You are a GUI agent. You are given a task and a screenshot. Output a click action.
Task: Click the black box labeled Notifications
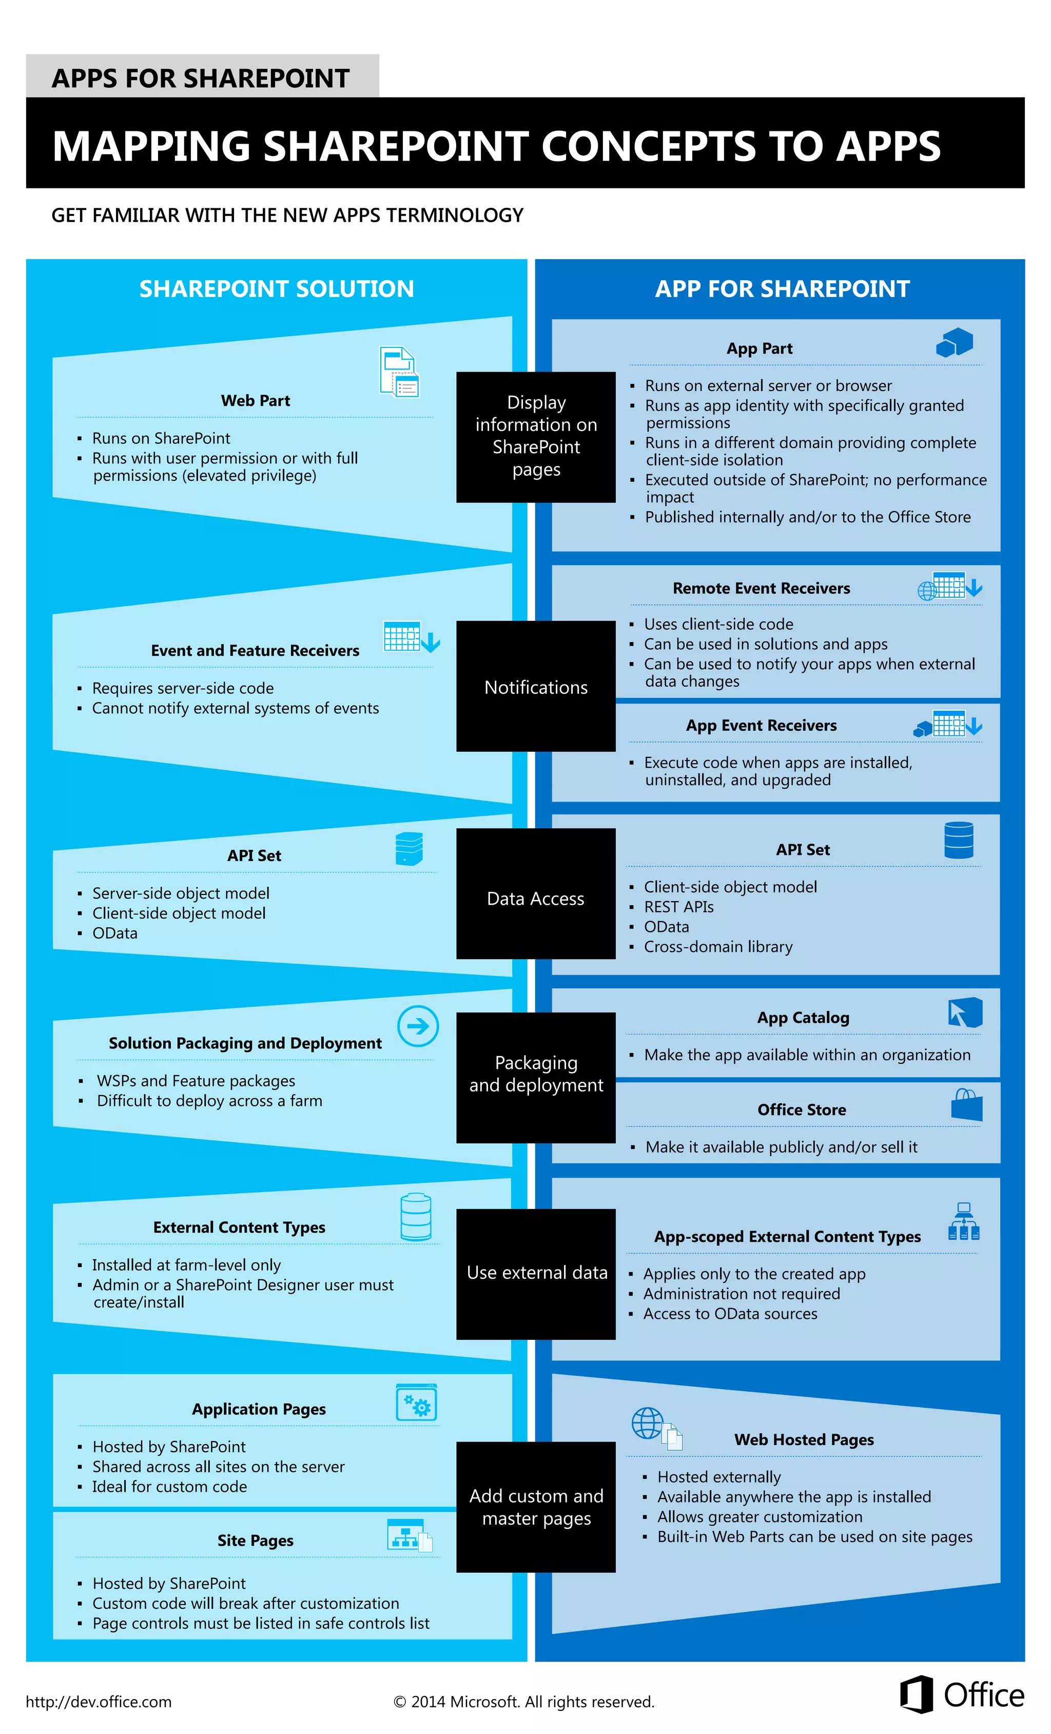[536, 686]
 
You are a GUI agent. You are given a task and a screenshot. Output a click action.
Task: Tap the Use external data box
[536, 1274]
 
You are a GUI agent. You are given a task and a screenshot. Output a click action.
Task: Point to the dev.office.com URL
[99, 1702]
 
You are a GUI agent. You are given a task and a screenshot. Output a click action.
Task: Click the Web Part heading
[256, 400]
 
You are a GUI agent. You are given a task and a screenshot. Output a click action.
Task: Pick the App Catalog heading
[803, 1018]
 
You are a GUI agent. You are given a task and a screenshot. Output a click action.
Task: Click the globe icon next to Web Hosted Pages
[648, 1423]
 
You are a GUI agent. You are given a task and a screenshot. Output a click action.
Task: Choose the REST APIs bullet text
[678, 907]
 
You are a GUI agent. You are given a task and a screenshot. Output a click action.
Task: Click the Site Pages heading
[256, 1541]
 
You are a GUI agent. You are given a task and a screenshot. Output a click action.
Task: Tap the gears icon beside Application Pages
[417, 1403]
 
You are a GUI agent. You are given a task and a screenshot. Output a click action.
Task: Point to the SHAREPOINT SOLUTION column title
[277, 288]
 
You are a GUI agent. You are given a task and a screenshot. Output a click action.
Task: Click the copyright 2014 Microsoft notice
[524, 1702]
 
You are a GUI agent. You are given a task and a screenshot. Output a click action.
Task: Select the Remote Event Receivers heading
[761, 588]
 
